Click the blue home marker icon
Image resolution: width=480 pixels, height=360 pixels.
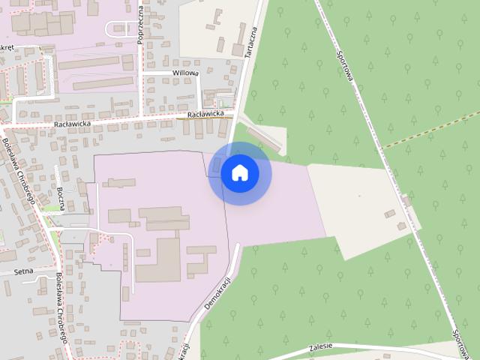pyautogui.click(x=239, y=173)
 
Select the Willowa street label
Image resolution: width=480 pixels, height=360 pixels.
pyautogui.click(x=185, y=73)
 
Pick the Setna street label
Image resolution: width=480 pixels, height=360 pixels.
pyautogui.click(x=23, y=272)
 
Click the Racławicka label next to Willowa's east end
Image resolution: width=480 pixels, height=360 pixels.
pyautogui.click(x=205, y=114)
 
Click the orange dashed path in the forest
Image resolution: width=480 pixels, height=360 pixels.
pyautogui.click(x=431, y=129)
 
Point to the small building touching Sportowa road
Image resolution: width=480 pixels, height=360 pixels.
pyautogui.click(x=406, y=200)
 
